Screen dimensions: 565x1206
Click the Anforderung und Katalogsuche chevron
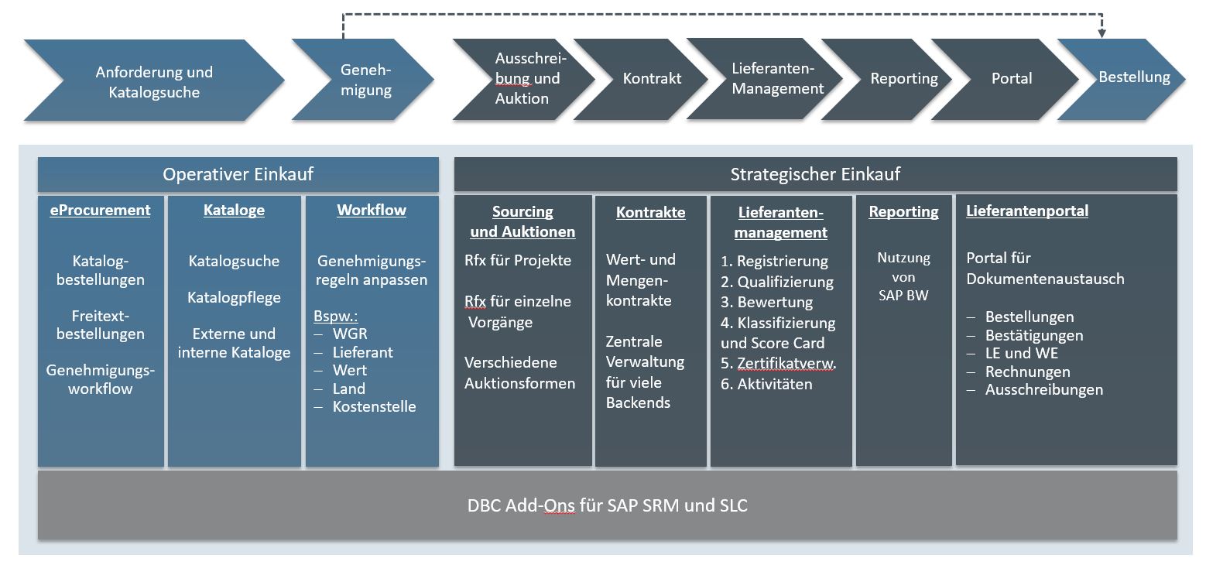point(154,82)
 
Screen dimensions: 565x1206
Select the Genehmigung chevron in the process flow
point(365,80)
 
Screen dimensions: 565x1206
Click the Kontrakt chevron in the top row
point(651,79)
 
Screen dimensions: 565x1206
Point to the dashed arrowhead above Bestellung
point(1102,33)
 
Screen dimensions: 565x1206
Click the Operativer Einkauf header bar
point(238,174)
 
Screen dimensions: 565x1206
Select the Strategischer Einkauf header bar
point(814,174)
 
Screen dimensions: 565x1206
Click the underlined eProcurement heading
point(101,211)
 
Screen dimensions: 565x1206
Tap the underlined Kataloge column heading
point(234,211)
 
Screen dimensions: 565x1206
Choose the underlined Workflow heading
point(372,211)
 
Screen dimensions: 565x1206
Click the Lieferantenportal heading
point(1026,211)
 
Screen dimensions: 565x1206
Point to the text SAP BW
point(903,295)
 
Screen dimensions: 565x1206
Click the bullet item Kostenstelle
point(374,406)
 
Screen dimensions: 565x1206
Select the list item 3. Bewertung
point(766,302)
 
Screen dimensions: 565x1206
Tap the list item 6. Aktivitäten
point(766,384)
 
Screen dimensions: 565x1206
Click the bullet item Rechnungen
point(1027,372)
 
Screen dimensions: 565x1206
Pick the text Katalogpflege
point(234,298)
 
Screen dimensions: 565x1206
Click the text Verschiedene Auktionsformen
point(519,372)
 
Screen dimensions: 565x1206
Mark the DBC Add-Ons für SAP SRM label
point(607,506)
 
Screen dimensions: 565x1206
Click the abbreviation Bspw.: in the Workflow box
point(335,317)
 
